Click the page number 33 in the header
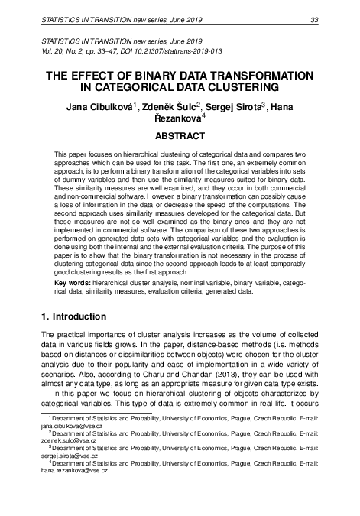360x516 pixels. tap(314, 9)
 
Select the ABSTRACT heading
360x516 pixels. tap(180, 136)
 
